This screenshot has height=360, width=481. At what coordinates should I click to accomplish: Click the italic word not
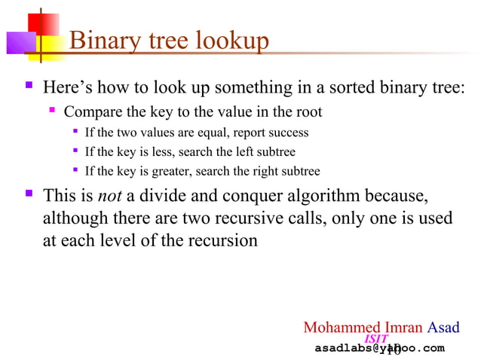[x=110, y=197]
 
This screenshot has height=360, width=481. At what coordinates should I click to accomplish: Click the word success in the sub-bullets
[x=287, y=133]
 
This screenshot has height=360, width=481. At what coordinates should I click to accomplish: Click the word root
[x=309, y=112]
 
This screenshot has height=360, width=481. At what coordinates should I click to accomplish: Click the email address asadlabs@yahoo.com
[x=379, y=349]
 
